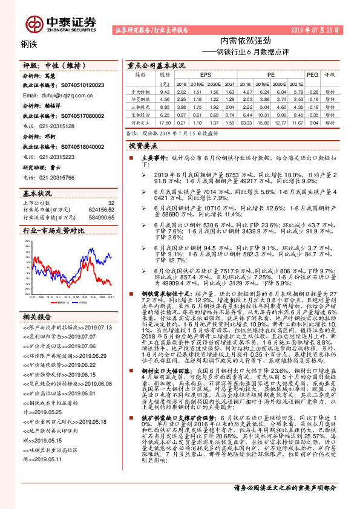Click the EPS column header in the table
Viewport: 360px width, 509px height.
point(196,74)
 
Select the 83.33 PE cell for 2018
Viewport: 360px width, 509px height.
point(245,123)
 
